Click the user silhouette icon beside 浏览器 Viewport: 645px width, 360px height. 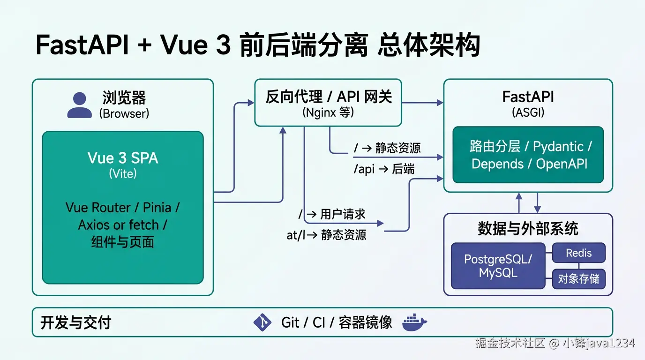coord(79,105)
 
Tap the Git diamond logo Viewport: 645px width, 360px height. coord(262,322)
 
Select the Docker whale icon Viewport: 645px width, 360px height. coord(414,322)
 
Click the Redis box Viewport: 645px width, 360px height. coord(579,253)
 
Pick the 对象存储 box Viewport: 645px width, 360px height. coord(579,279)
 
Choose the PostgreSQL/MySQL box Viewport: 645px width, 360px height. coord(498,266)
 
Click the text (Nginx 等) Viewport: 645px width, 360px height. coord(328,112)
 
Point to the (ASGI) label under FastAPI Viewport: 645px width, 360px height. coord(528,112)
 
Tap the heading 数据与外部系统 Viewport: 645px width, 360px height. coord(528,229)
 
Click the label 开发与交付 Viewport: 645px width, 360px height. coord(75,322)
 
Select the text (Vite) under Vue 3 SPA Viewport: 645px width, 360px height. coord(123,174)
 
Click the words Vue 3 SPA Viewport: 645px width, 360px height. coord(123,158)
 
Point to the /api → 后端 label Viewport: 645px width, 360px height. coord(384,169)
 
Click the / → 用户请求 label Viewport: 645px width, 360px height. coord(332,215)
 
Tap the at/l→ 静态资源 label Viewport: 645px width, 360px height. coord(326,235)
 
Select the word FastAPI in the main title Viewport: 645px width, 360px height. coord(82,46)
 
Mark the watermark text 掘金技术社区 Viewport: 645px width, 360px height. coord(510,343)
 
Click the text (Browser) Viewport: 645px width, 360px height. coord(124,113)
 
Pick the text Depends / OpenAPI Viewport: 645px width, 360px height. coord(530,164)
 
